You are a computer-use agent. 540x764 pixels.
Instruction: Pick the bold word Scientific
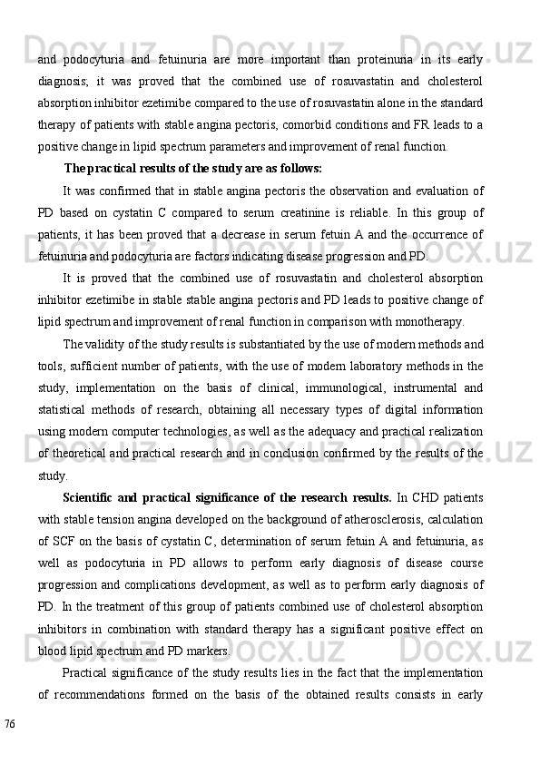[x=94, y=496]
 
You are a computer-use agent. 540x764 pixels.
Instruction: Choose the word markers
[x=209, y=651]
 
